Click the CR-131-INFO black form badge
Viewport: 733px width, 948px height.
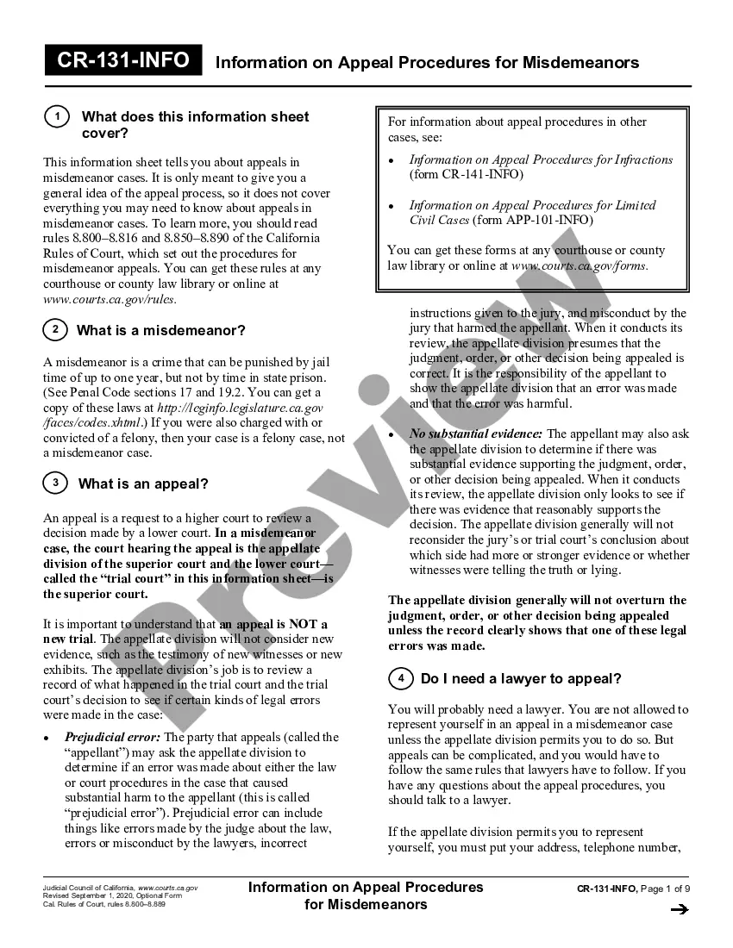pyautogui.click(x=123, y=61)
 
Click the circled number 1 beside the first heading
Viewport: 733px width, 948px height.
pyautogui.click(x=56, y=117)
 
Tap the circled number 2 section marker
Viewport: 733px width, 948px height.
pyautogui.click(x=55, y=330)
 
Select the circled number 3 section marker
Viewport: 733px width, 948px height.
pyautogui.click(x=55, y=483)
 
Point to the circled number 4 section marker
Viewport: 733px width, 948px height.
pyautogui.click(x=401, y=679)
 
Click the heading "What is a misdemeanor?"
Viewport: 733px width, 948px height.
pyautogui.click(x=161, y=331)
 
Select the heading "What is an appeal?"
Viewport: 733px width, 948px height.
pyautogui.click(x=143, y=484)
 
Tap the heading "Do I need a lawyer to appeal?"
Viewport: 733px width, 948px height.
pyautogui.click(x=521, y=679)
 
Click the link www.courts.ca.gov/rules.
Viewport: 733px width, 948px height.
pyautogui.click(x=110, y=299)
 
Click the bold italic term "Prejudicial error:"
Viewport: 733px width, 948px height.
pyautogui.click(x=112, y=737)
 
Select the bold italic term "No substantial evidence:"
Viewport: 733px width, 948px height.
pyautogui.click(x=476, y=433)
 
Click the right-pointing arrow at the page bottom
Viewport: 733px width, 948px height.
pyautogui.click(x=679, y=908)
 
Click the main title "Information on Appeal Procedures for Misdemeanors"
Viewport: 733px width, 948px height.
pyautogui.click(x=427, y=63)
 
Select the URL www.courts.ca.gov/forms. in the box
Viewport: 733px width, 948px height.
pyautogui.click(x=580, y=265)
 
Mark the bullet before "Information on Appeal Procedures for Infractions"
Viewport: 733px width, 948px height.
pyautogui.click(x=392, y=160)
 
